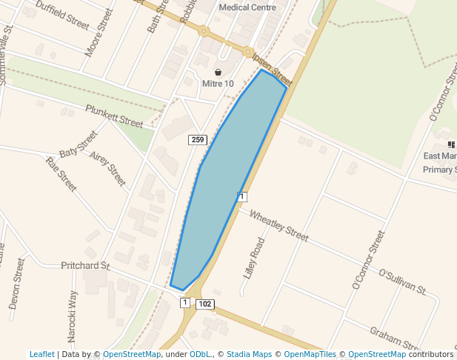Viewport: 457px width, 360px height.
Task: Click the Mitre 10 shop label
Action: [218, 84]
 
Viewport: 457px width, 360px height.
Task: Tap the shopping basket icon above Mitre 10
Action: [218, 72]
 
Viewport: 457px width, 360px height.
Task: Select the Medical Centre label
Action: [247, 7]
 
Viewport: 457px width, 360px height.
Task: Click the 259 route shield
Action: [197, 140]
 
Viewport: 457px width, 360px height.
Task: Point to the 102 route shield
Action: [206, 304]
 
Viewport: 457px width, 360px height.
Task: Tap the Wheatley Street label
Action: [278, 226]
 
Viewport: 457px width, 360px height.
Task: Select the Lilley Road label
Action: [253, 257]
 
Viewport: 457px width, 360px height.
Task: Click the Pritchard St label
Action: [85, 265]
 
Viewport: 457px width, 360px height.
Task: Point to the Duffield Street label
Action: [62, 14]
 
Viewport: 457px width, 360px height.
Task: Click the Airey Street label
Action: [107, 169]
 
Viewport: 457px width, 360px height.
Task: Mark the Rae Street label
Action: [61, 174]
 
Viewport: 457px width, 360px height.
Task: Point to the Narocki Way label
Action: [72, 316]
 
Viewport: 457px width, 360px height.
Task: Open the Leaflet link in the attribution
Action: [41, 354]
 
